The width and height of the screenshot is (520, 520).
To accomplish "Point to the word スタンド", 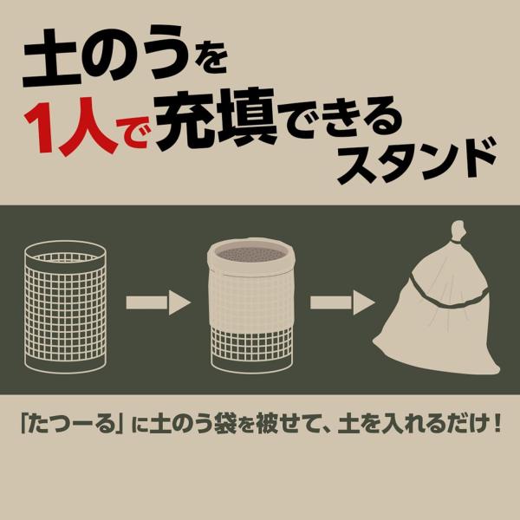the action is (x=417, y=161).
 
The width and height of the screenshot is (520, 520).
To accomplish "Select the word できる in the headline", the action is (x=343, y=123).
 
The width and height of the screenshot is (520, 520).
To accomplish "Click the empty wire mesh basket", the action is (x=66, y=307).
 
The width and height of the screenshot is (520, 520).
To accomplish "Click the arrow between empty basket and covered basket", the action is (x=159, y=302).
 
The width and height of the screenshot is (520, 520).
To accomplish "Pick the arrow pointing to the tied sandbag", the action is (x=342, y=302).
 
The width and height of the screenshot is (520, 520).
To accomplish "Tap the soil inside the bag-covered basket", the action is (x=251, y=254).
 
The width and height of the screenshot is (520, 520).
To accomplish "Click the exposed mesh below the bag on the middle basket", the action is (x=251, y=342).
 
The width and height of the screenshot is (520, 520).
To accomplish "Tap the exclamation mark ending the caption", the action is (x=497, y=423).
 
